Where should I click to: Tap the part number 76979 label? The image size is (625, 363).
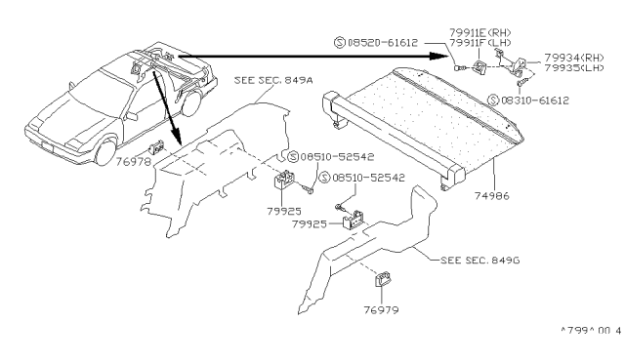[382, 311]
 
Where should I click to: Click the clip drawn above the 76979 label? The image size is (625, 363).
[382, 285]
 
